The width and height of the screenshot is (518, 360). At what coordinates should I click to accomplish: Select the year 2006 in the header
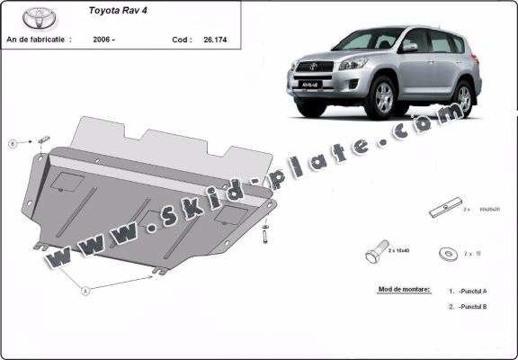click(x=103, y=40)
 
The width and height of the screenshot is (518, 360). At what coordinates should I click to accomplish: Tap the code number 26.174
click(x=216, y=40)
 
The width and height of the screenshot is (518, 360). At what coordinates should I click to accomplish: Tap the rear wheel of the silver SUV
click(x=463, y=96)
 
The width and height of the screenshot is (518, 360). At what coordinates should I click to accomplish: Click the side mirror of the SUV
click(x=409, y=47)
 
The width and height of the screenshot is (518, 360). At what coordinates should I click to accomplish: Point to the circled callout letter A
click(x=85, y=291)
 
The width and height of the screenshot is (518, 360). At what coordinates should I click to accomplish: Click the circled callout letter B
click(x=13, y=143)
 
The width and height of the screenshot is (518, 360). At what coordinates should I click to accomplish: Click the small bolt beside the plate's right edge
click(x=266, y=236)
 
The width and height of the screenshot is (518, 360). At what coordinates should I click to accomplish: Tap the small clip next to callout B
click(x=43, y=139)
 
